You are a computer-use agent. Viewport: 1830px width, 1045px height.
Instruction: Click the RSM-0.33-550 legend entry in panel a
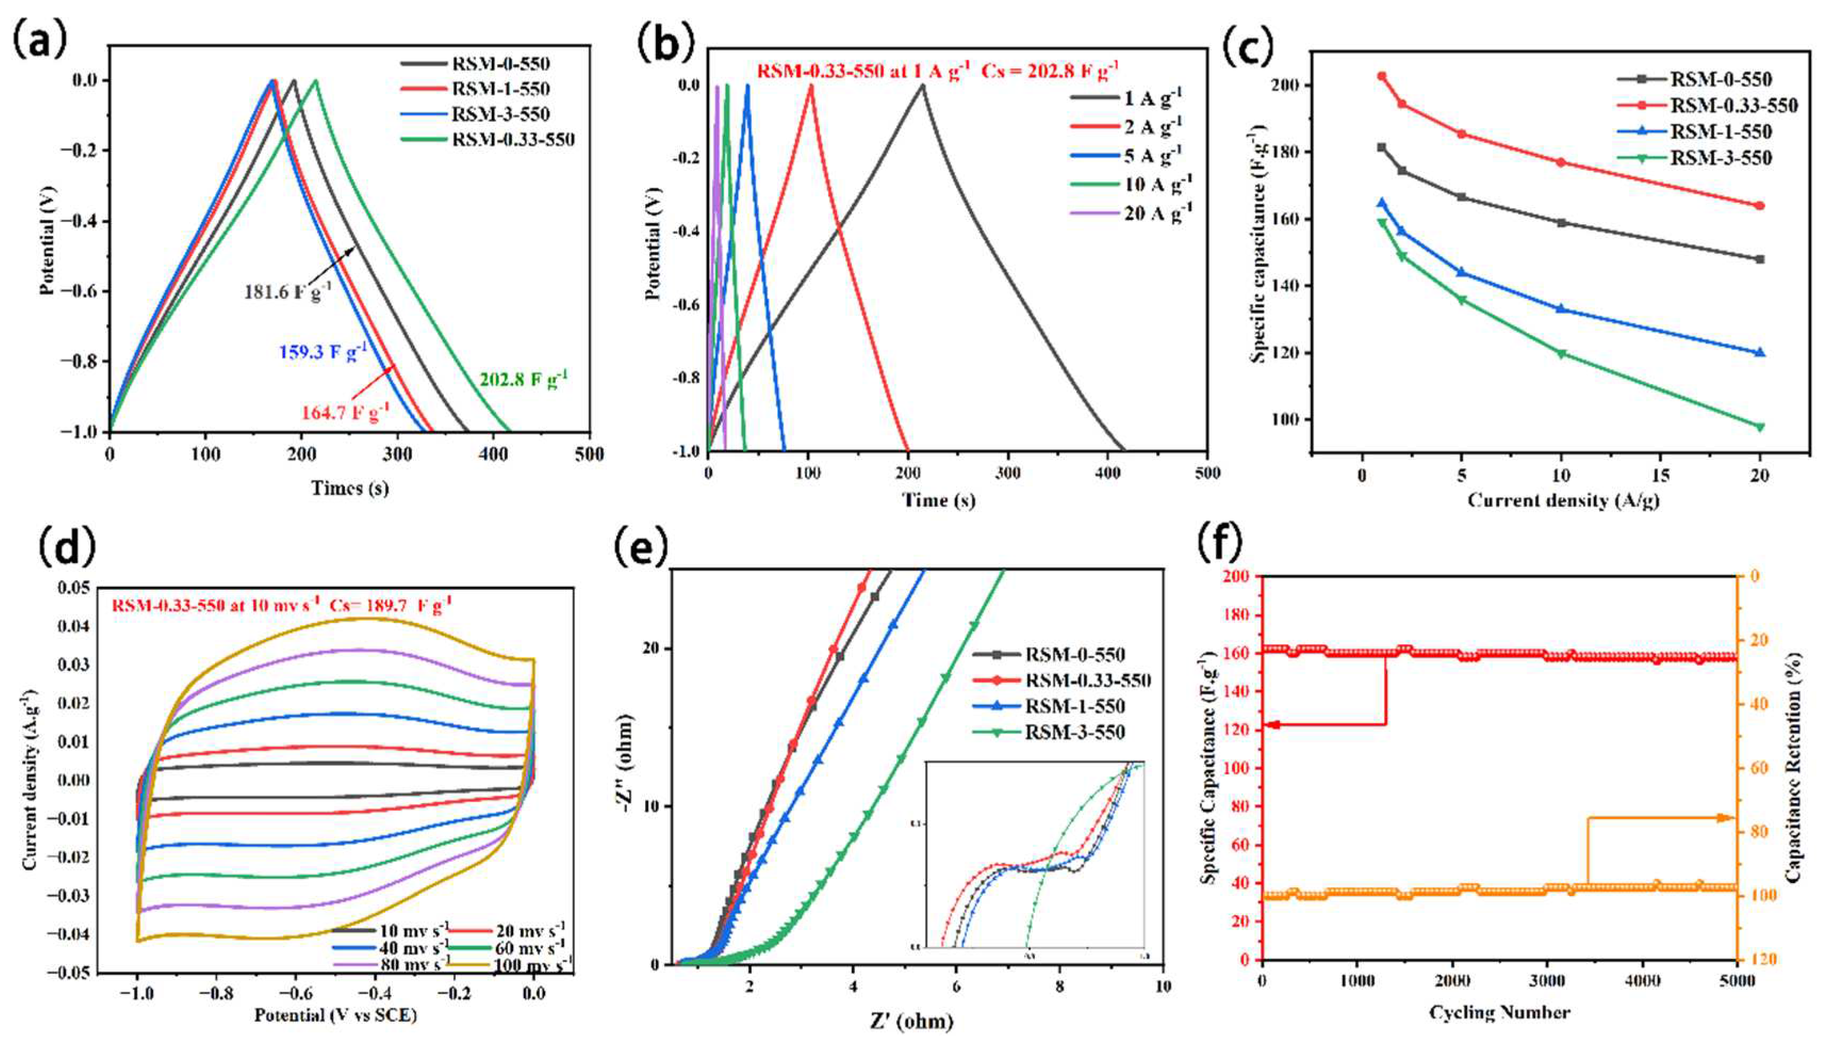point(513,139)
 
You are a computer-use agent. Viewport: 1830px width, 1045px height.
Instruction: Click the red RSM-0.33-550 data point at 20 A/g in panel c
point(1759,206)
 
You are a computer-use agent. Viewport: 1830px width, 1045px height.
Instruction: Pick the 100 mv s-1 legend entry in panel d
point(532,965)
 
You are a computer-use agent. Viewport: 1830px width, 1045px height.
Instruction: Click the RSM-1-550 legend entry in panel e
point(1074,706)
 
